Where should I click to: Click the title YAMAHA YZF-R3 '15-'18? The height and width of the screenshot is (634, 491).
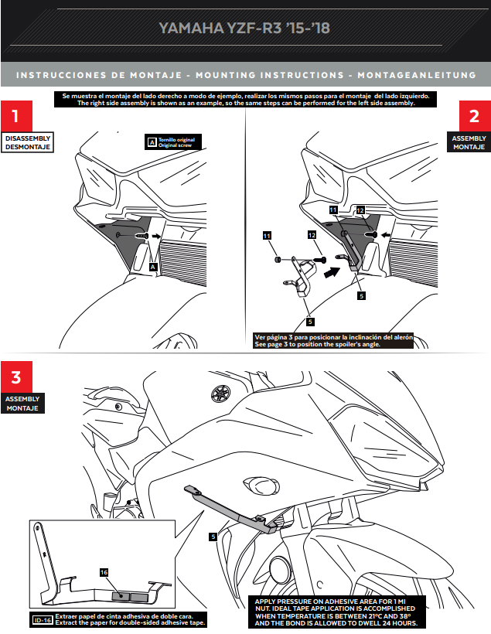coord(244,28)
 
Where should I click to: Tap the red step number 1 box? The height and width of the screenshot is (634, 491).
coord(16,116)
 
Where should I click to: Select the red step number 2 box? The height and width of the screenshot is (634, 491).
coord(475,116)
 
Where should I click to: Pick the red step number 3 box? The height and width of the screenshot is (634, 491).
coord(16,377)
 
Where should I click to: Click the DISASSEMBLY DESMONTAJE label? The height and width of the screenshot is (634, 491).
coord(28,143)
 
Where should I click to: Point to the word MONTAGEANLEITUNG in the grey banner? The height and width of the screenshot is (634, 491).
coord(417,75)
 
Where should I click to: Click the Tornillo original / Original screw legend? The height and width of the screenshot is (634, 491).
coord(173,142)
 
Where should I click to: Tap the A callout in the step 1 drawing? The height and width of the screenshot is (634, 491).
coord(153,267)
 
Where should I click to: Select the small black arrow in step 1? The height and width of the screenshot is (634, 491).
coord(155,236)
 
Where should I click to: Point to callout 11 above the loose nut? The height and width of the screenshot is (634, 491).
coord(267,236)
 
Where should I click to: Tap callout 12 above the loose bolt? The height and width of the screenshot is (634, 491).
coord(312,235)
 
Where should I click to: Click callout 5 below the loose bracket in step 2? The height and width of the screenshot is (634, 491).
coord(310,322)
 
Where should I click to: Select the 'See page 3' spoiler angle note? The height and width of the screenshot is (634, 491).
coord(334,340)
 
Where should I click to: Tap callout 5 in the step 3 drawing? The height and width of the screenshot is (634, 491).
coord(213,537)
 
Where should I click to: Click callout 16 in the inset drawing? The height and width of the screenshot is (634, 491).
coord(104,572)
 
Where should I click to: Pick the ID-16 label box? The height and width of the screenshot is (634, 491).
coord(43,620)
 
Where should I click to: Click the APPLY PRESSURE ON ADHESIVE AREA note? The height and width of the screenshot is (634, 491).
coord(337,612)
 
